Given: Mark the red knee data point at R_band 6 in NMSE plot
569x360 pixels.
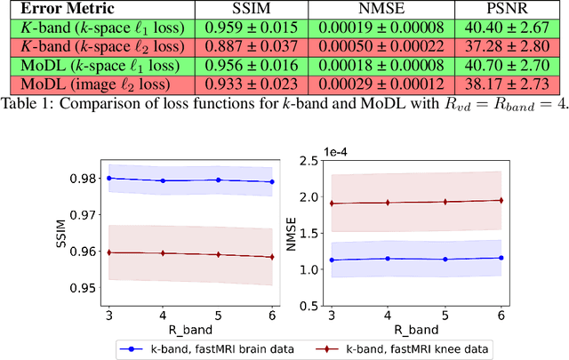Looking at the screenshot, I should tap(501, 200).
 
